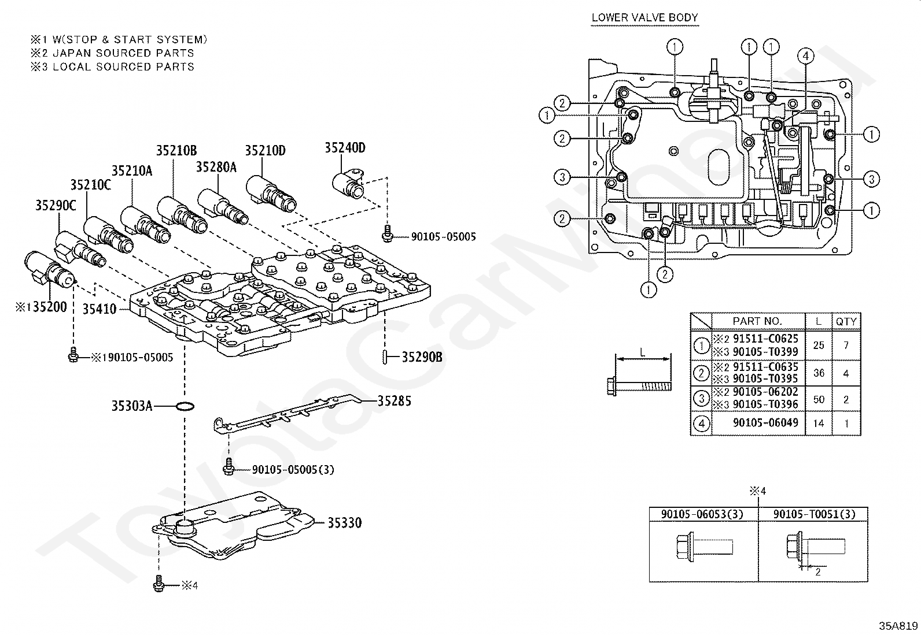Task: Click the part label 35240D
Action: click(345, 148)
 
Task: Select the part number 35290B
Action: click(422, 357)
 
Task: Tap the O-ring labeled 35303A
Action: click(185, 406)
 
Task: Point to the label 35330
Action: click(345, 522)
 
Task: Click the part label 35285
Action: click(395, 401)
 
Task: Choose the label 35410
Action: click(100, 309)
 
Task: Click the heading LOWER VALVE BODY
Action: click(644, 18)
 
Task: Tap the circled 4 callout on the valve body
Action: click(805, 56)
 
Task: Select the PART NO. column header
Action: click(757, 321)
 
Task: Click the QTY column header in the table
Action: click(846, 322)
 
